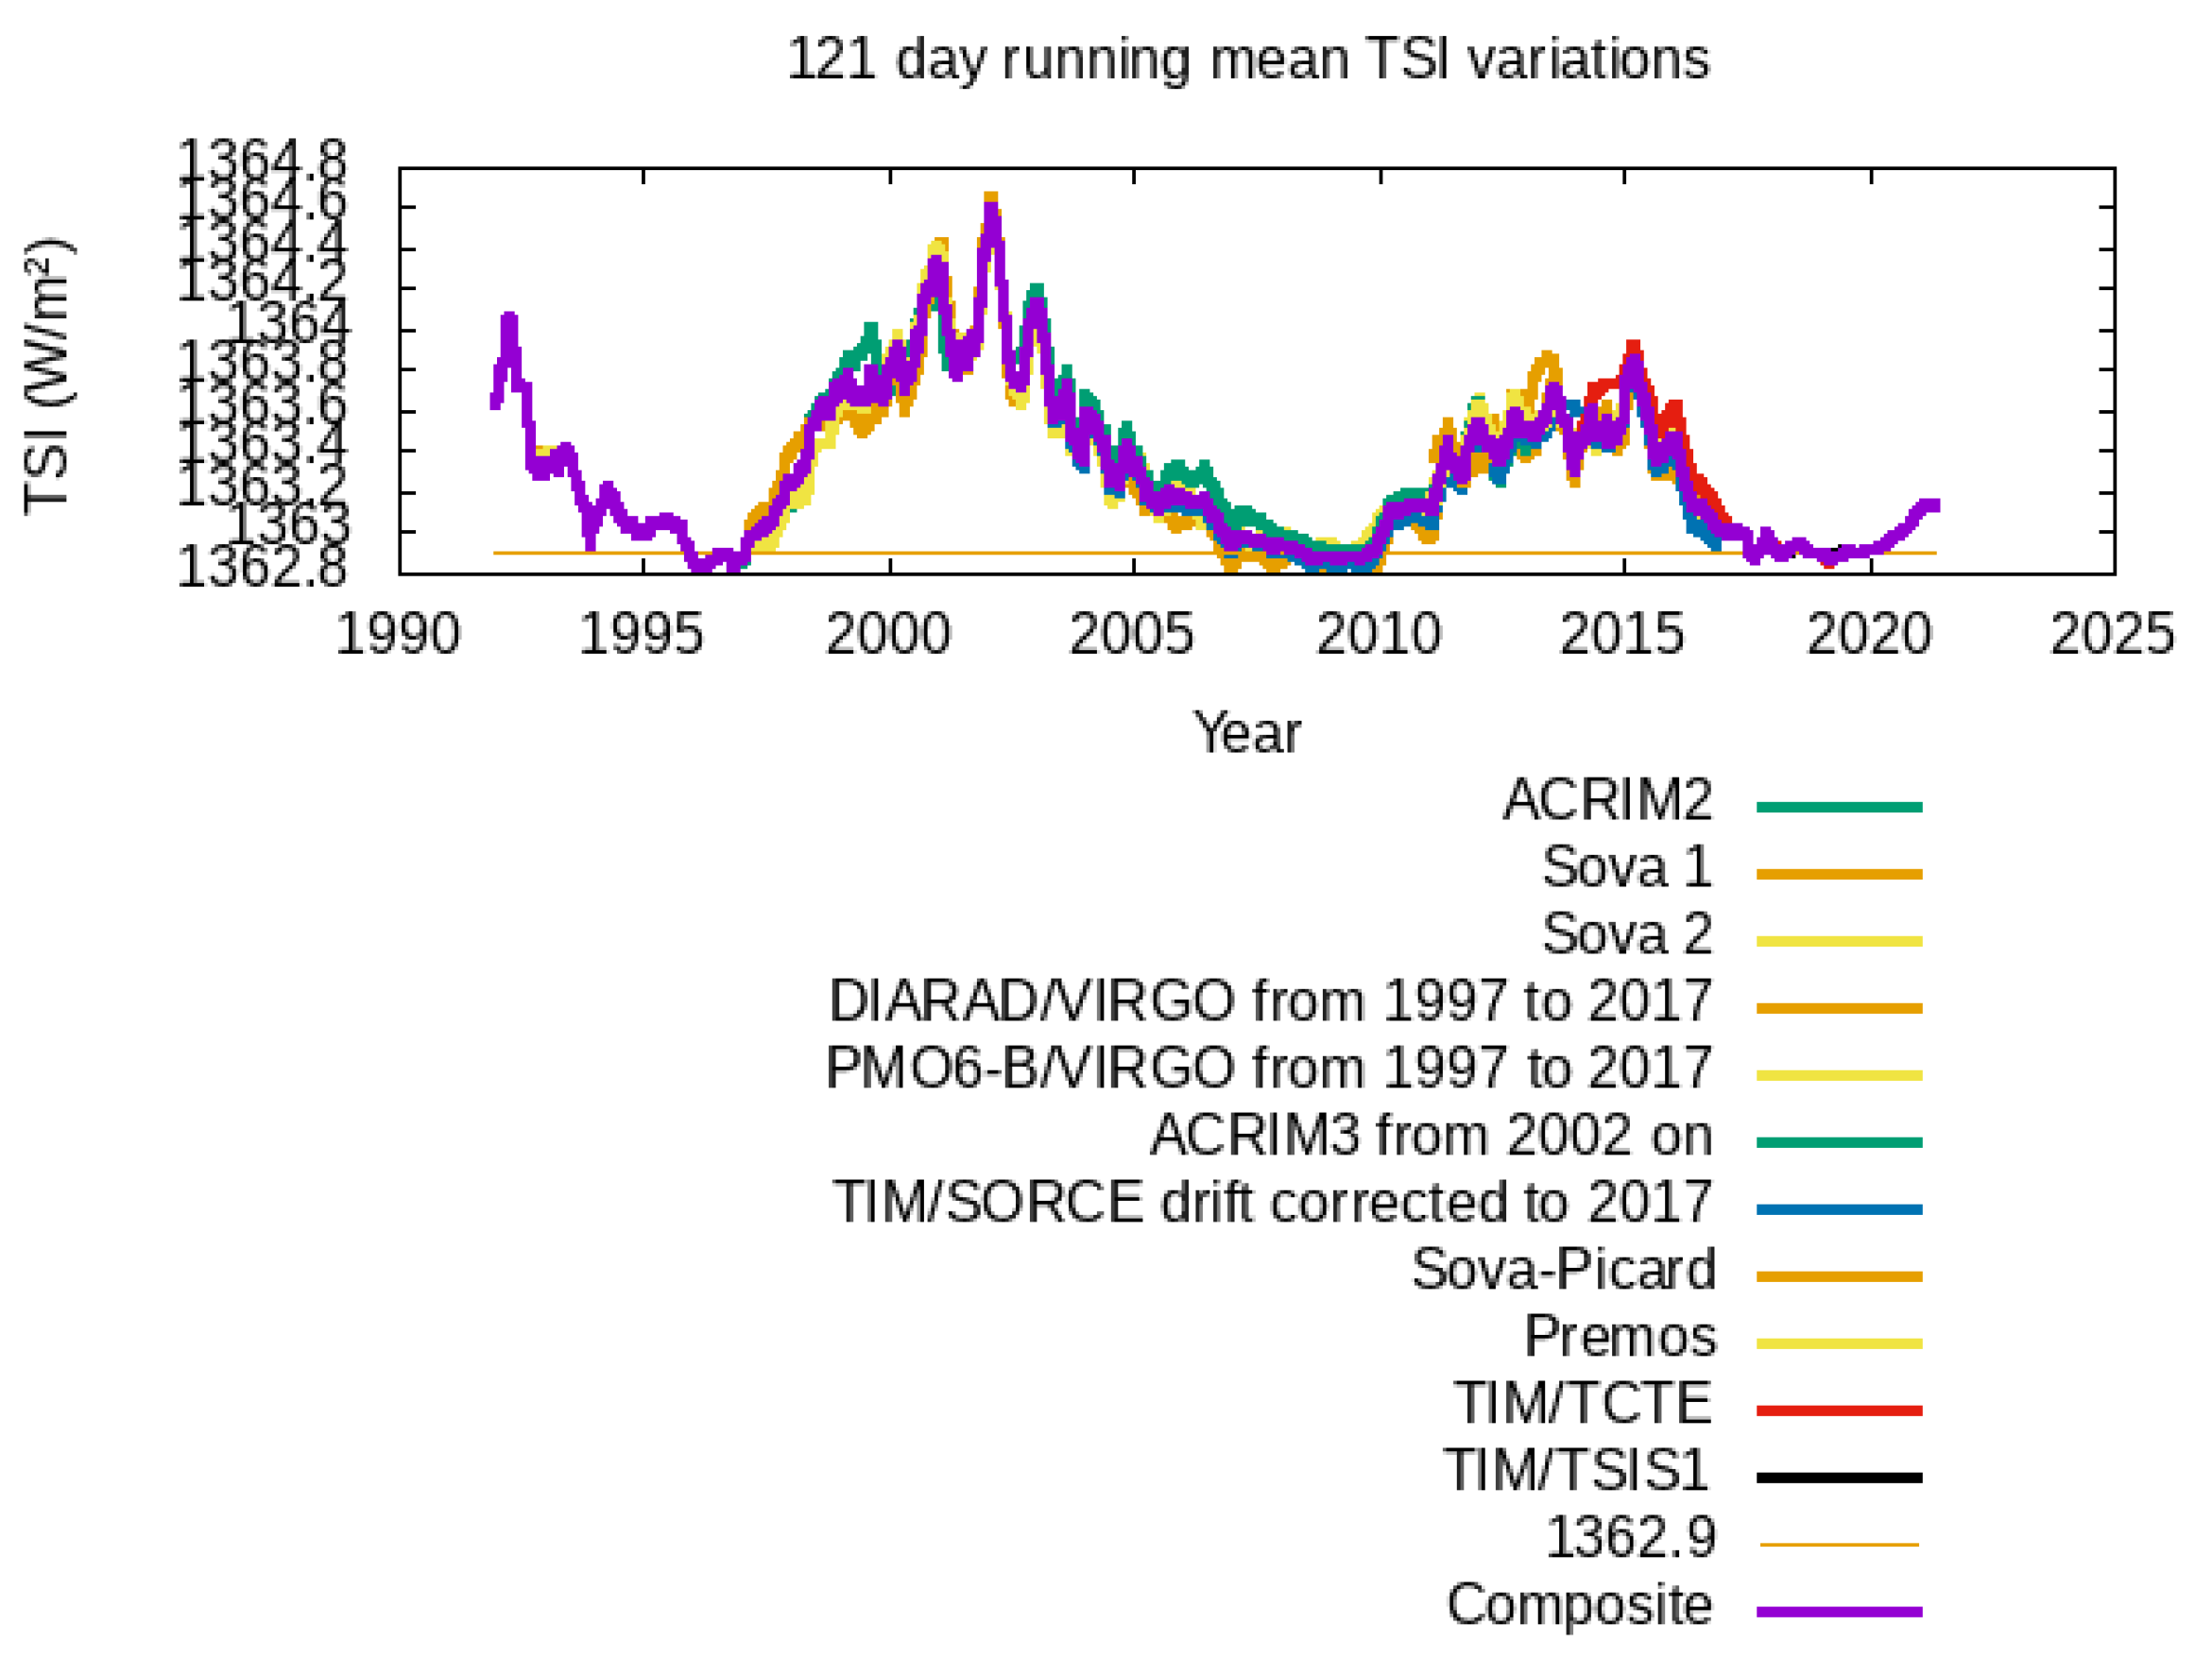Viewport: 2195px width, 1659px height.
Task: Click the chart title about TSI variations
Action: tap(1247, 60)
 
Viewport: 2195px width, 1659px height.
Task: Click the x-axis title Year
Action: tap(1245, 733)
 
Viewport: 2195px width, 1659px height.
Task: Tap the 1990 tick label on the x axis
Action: tap(398, 633)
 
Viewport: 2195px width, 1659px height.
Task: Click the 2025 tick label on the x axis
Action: tap(2112, 633)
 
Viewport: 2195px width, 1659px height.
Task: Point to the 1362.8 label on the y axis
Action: tap(262, 568)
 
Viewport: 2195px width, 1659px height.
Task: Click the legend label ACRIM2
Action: tap(1607, 799)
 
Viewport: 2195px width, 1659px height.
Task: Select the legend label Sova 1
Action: tap(1627, 866)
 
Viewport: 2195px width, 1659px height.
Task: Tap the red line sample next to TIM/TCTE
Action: tap(1839, 1410)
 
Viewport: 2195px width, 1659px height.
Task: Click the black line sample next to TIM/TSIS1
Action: tap(1839, 1478)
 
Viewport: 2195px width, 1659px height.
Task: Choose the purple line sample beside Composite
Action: tap(1839, 1612)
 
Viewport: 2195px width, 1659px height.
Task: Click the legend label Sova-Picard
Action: tap(1563, 1269)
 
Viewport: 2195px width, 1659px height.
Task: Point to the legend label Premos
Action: tap(1620, 1336)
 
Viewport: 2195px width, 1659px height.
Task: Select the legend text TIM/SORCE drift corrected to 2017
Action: tap(1272, 1202)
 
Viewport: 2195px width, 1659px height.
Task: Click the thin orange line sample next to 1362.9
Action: tap(1839, 1544)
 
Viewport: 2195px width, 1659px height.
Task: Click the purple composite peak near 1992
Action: tap(509, 319)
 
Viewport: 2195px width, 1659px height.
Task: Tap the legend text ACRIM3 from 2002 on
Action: tap(1431, 1134)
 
